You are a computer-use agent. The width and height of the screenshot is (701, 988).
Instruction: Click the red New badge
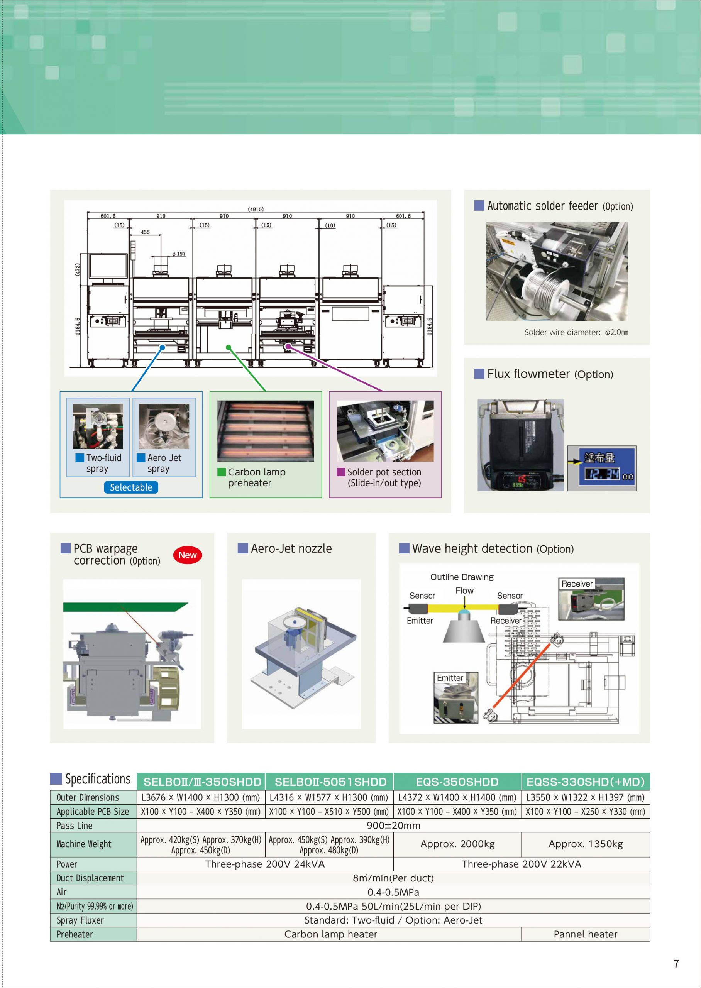click(x=187, y=555)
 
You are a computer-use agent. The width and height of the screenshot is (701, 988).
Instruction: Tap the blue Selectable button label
click(x=131, y=487)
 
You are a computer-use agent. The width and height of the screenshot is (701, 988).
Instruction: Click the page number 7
click(x=676, y=963)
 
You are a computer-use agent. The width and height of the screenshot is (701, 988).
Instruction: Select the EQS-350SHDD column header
click(x=457, y=782)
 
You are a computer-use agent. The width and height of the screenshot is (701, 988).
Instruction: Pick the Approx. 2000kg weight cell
click(x=457, y=844)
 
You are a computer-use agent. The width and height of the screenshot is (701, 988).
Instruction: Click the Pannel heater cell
click(x=585, y=934)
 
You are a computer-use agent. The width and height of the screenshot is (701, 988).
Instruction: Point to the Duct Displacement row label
click(x=90, y=878)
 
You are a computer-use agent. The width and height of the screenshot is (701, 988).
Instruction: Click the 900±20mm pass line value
click(x=393, y=826)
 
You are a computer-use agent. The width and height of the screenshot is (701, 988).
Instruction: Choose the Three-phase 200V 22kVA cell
click(x=522, y=864)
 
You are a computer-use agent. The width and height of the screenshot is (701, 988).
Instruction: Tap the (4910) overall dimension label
click(x=256, y=209)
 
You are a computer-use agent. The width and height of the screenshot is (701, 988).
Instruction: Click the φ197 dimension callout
click(x=179, y=254)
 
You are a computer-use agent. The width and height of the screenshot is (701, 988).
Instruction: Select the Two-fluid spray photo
click(x=98, y=426)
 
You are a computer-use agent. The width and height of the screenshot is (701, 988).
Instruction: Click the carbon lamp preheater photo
click(x=266, y=431)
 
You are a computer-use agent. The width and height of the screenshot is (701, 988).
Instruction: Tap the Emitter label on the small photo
click(x=450, y=678)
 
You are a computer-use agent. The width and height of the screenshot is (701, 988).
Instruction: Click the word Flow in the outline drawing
click(x=464, y=590)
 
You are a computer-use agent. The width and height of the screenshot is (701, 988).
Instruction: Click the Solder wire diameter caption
click(x=576, y=332)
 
